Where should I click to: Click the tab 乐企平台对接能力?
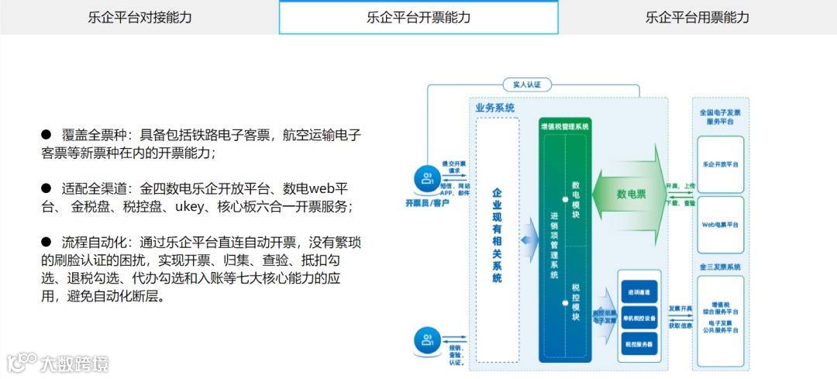[x=139, y=17]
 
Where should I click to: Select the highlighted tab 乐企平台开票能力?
[x=418, y=17]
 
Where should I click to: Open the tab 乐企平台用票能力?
[x=697, y=17]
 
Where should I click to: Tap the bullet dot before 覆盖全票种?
[x=46, y=134]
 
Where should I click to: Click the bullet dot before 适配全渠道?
[x=46, y=188]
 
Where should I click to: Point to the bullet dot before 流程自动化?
[x=46, y=243]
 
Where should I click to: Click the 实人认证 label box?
[x=526, y=84]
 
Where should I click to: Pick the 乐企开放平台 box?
[x=720, y=165]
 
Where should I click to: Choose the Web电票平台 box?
[x=720, y=224]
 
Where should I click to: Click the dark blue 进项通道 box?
[x=639, y=292]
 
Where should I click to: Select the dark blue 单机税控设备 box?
[x=639, y=318]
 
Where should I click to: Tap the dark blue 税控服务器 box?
[x=639, y=343]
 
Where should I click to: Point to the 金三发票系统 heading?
[x=720, y=267]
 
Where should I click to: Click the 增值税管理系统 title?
[x=565, y=126]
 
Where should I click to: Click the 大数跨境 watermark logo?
[x=58, y=362]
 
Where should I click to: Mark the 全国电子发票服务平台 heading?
[x=720, y=117]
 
